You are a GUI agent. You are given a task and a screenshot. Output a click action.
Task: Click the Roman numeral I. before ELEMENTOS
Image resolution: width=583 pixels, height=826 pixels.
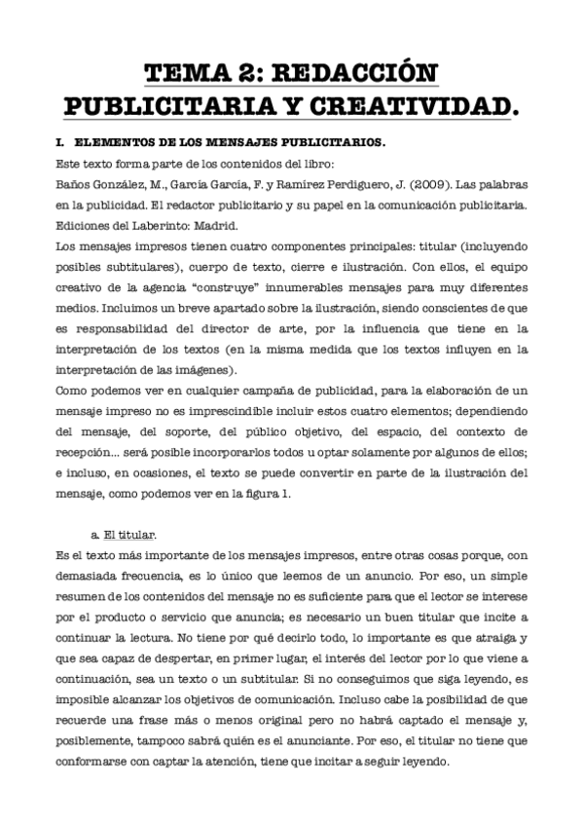pos(61,142)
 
